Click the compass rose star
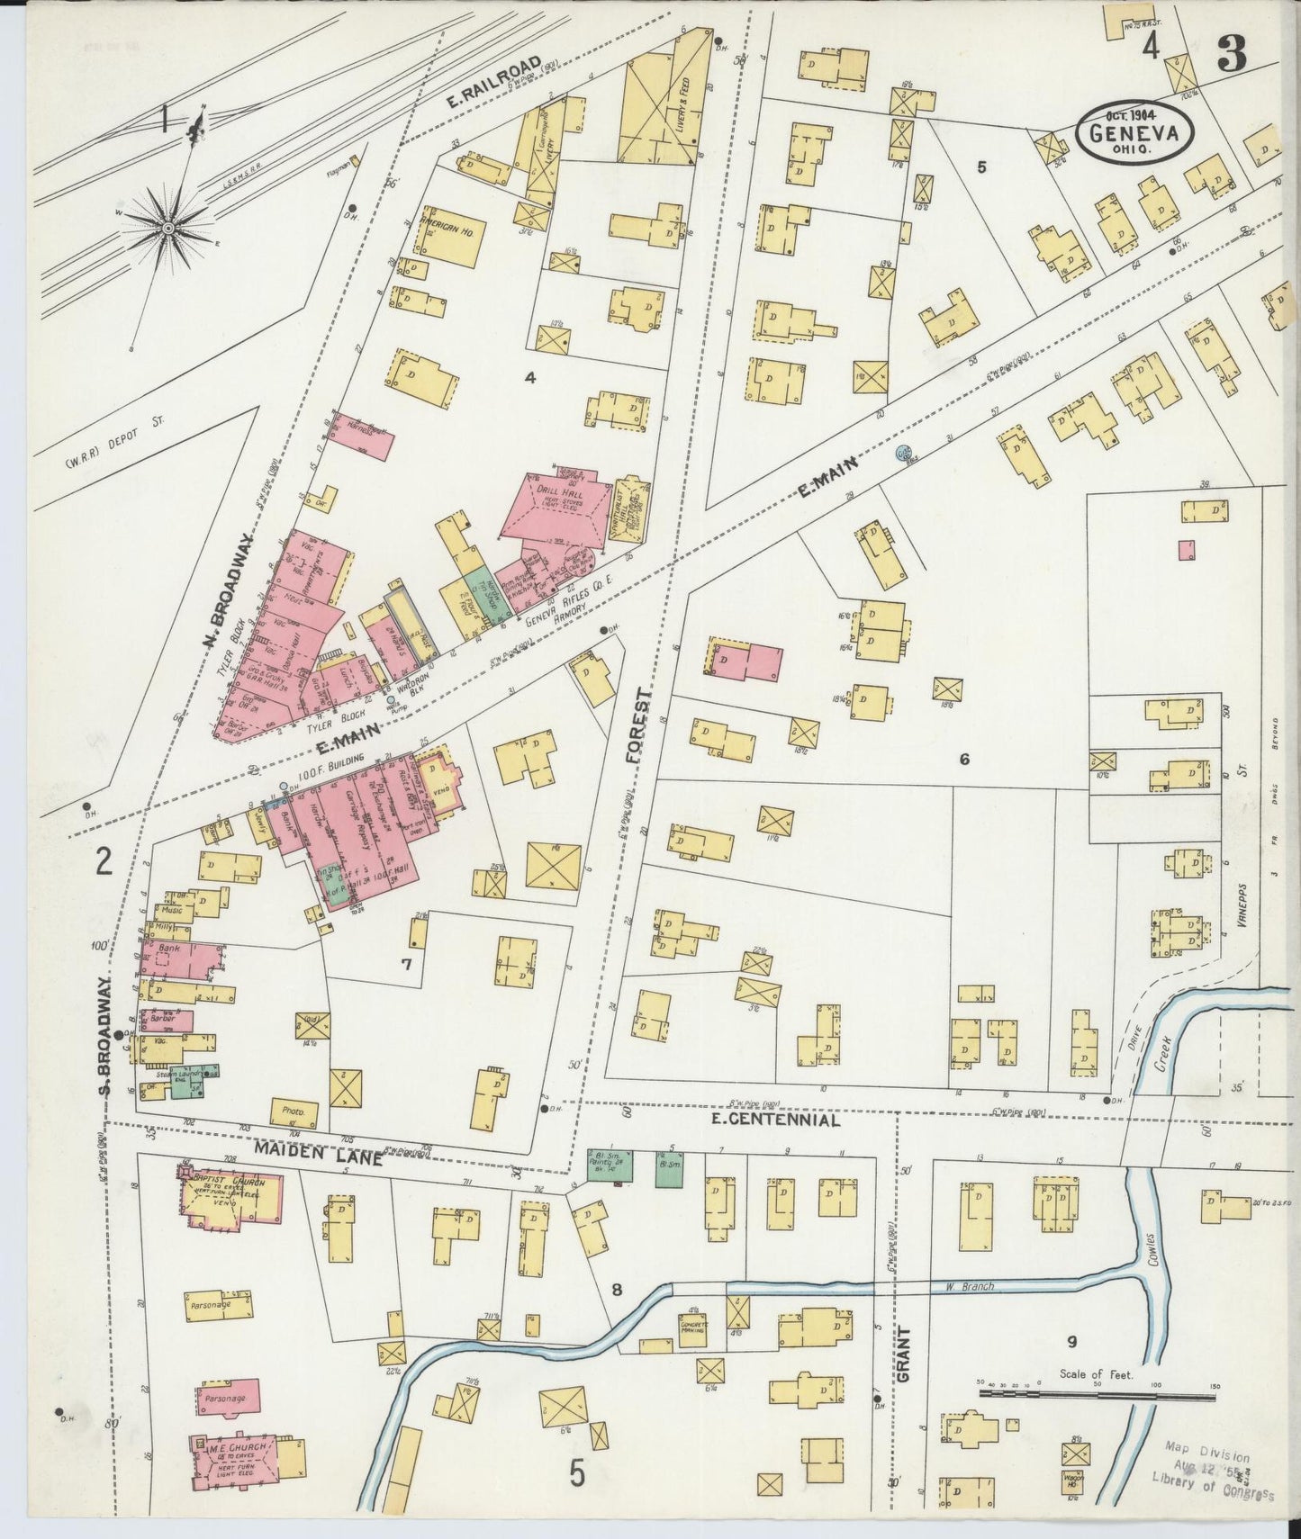click(168, 229)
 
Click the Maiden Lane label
click(317, 1153)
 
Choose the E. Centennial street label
click(775, 1120)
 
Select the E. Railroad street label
click(495, 82)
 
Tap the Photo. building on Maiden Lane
click(295, 1112)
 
